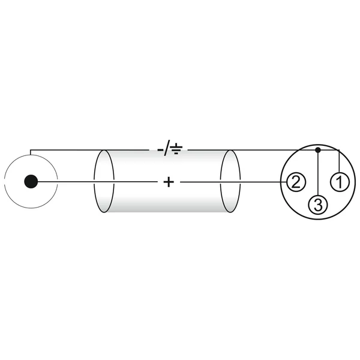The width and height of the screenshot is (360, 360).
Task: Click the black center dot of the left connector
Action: click(x=31, y=181)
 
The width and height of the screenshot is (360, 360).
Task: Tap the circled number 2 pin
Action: click(x=296, y=182)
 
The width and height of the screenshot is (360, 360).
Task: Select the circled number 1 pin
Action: click(x=340, y=182)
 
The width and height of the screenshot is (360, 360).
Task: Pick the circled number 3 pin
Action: click(x=318, y=205)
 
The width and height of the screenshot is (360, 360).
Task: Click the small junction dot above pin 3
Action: click(x=318, y=150)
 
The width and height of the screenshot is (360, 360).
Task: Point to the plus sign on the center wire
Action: click(x=169, y=182)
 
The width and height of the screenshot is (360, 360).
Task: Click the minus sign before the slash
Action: click(x=160, y=150)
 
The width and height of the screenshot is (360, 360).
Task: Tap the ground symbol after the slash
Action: click(x=176, y=149)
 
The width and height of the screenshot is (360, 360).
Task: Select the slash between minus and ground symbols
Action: click(x=167, y=148)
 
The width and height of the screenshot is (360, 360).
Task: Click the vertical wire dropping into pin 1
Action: click(x=340, y=161)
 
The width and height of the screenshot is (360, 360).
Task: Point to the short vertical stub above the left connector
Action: click(x=31, y=152)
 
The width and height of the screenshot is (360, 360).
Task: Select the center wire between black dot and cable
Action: click(x=66, y=182)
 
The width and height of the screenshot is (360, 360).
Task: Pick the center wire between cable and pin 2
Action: click(x=263, y=182)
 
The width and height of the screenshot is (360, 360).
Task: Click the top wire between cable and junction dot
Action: click(x=273, y=150)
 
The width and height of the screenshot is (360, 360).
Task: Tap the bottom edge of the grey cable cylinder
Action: click(x=167, y=212)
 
